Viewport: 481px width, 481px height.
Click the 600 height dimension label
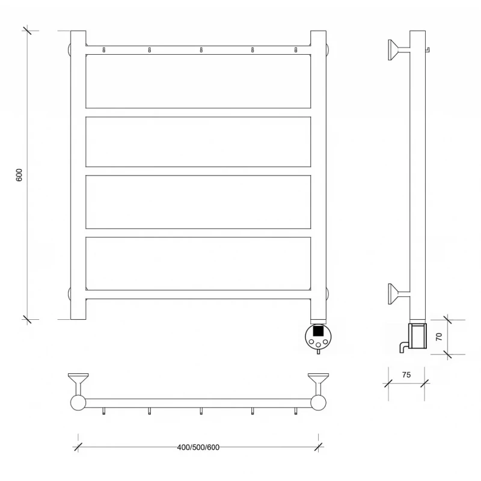[x=19, y=175]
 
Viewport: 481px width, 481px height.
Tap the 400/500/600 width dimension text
[x=198, y=447]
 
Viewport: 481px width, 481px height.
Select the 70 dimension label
[x=439, y=337]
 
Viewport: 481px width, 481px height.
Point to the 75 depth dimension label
[x=406, y=375]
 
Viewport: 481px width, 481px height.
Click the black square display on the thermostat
[x=319, y=331]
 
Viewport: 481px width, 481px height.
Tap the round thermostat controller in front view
[x=319, y=337]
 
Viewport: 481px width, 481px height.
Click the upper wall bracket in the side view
[x=399, y=50]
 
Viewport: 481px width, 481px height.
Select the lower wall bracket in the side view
[x=399, y=294]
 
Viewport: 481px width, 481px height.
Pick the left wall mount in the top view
[x=78, y=384]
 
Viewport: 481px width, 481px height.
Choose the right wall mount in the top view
[x=319, y=384]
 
